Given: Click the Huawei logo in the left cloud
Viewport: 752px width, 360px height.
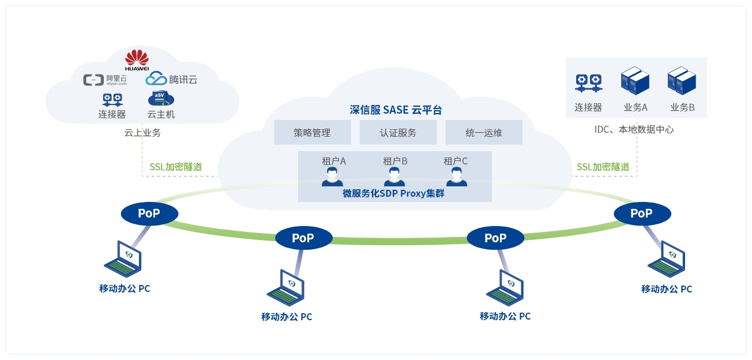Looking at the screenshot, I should coord(137,59).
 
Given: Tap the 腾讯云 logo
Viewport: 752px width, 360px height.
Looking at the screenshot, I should coord(171,78).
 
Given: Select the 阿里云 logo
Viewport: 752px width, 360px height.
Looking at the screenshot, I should coord(104,80).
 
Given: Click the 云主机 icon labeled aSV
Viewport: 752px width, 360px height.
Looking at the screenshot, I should coord(161,99).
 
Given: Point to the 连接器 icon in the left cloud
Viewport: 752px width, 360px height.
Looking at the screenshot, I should coord(112,99).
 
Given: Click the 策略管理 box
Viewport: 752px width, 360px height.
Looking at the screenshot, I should coord(312,133).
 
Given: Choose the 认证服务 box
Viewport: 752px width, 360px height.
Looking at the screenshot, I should coord(398,133).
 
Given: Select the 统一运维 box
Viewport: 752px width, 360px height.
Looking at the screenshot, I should coord(484,133).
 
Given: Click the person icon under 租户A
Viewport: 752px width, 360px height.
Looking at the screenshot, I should coord(333,177).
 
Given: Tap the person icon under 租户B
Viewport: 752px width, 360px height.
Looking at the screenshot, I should coord(394,177).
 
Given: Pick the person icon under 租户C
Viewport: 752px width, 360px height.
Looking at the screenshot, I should coord(456,177).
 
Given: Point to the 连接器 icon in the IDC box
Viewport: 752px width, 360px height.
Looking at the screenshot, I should coord(588,84).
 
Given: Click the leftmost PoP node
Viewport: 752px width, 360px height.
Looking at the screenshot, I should coord(149,213).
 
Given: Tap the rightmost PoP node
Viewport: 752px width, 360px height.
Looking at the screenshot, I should coord(642,213).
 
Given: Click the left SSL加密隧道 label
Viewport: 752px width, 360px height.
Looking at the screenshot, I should coord(175,167).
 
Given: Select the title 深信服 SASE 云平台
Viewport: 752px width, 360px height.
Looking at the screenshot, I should coord(396,110).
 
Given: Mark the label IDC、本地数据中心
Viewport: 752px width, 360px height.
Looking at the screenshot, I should coord(634,130).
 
